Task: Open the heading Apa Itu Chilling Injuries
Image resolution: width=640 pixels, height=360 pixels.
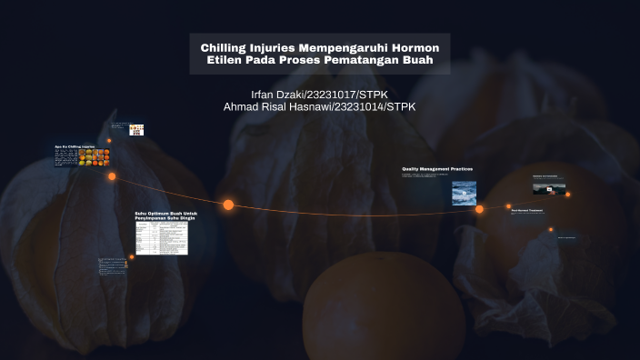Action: click(x=75, y=146)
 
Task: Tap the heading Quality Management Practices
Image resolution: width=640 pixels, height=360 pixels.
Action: click(x=436, y=169)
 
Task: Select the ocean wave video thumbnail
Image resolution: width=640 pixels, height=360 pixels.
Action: click(x=464, y=191)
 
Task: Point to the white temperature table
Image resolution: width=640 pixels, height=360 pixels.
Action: click(x=161, y=237)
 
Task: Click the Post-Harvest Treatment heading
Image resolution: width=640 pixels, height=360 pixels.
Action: click(x=526, y=211)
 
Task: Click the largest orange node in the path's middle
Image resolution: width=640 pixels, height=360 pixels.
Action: click(x=228, y=205)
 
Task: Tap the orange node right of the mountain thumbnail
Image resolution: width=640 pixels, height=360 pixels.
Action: click(x=568, y=194)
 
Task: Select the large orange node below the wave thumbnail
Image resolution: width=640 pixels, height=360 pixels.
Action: click(x=479, y=209)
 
